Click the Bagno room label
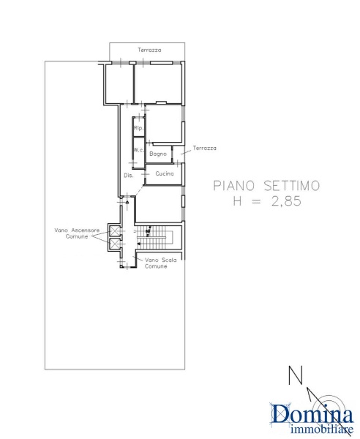point(158,154)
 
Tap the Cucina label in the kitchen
point(165,173)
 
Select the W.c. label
point(138,150)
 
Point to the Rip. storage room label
point(138,128)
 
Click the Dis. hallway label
point(129,176)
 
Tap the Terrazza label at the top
point(149,50)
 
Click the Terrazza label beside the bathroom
point(205,148)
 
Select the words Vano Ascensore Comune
point(77,233)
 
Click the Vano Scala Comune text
point(161,263)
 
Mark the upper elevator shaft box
point(115,231)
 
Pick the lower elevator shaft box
point(115,244)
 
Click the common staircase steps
point(154,237)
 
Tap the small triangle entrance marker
point(127,202)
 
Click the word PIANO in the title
point(234,186)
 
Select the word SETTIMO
point(292,186)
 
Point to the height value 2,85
point(286,201)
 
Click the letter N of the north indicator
point(296,375)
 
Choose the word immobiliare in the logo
point(322,429)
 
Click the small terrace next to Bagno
point(179,154)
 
